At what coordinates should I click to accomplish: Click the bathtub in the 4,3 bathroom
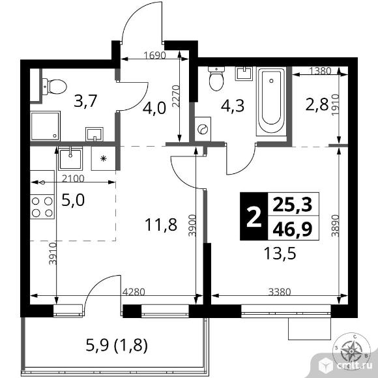272,102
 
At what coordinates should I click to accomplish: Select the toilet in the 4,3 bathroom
216,79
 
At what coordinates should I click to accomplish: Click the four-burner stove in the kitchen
42,207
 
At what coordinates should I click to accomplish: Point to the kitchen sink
70,158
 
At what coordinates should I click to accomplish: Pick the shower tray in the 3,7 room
45,126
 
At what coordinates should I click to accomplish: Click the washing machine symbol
203,129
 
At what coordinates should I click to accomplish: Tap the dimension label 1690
154,55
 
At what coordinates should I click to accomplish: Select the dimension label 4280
134,292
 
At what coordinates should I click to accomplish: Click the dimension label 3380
280,292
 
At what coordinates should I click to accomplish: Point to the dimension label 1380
320,71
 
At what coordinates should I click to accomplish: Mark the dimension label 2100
73,179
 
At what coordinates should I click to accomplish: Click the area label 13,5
280,254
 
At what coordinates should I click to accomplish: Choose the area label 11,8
161,225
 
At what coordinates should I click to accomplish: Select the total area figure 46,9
293,229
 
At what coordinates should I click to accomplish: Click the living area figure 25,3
293,205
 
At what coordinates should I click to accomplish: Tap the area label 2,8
317,105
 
